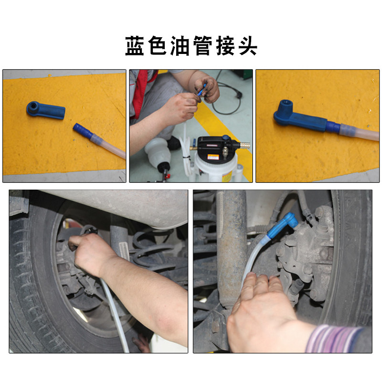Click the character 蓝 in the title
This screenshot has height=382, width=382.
point(135,46)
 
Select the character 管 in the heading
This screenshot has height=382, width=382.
point(202,46)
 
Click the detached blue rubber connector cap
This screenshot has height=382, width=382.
point(45,110)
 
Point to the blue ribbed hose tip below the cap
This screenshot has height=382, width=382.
point(83,131)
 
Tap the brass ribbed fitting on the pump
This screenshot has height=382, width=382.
point(245,145)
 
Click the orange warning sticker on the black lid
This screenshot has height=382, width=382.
point(213,157)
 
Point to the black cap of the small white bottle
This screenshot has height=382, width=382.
point(163,168)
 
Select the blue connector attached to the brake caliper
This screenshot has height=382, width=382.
point(283,224)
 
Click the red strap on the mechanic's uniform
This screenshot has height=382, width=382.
point(141,93)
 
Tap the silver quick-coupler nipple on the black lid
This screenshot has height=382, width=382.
point(224,151)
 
